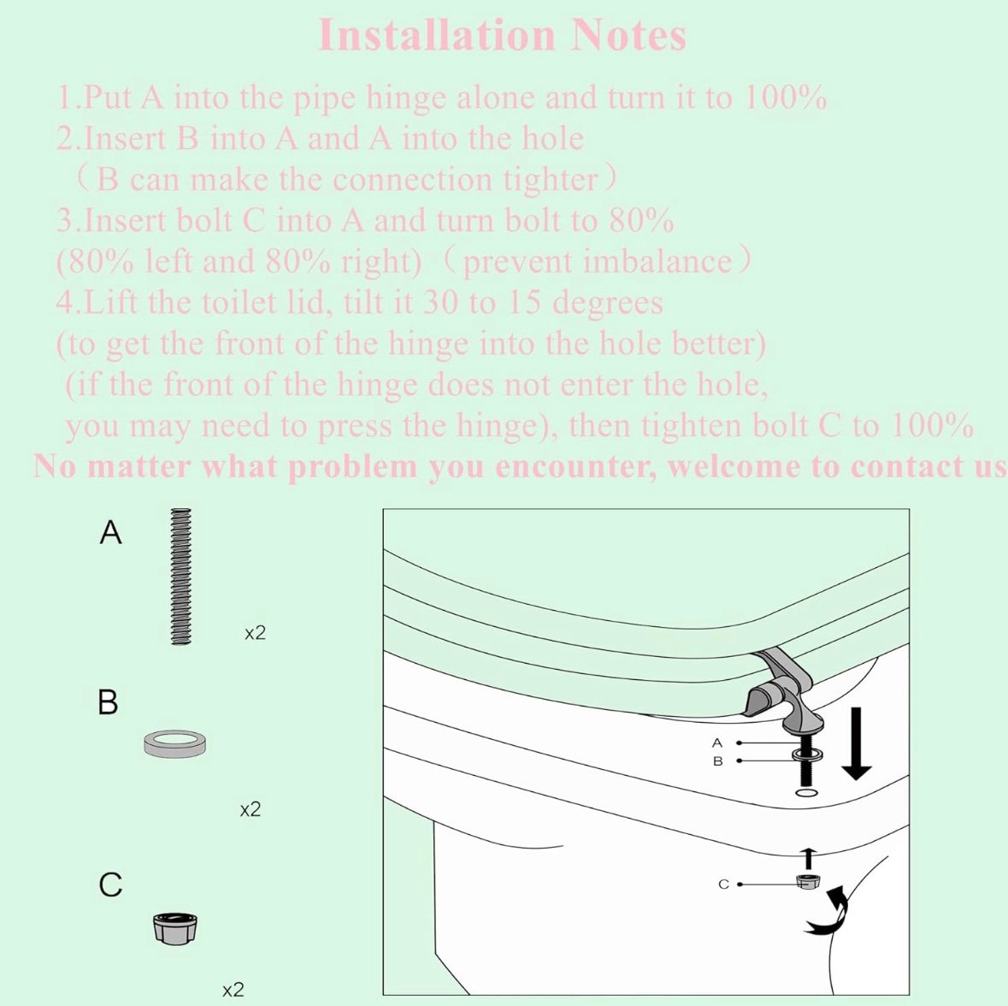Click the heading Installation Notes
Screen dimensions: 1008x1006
(502, 35)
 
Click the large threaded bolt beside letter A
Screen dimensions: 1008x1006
(182, 577)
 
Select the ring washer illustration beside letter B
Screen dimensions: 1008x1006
(175, 743)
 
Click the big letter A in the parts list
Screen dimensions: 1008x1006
(110, 533)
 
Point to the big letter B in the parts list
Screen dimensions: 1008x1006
(108, 701)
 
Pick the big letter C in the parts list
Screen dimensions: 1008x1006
(110, 885)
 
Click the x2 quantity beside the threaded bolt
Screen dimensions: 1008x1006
(256, 634)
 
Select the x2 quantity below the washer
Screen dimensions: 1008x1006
(251, 810)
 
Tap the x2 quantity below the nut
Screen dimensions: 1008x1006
(233, 990)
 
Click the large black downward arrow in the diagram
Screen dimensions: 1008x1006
(856, 743)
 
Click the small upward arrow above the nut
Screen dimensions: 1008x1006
(809, 857)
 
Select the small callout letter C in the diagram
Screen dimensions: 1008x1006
(723, 885)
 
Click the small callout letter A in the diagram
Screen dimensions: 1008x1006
(717, 743)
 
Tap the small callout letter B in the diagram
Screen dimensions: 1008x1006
(718, 761)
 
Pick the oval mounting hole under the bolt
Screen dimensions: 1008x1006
(807, 792)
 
